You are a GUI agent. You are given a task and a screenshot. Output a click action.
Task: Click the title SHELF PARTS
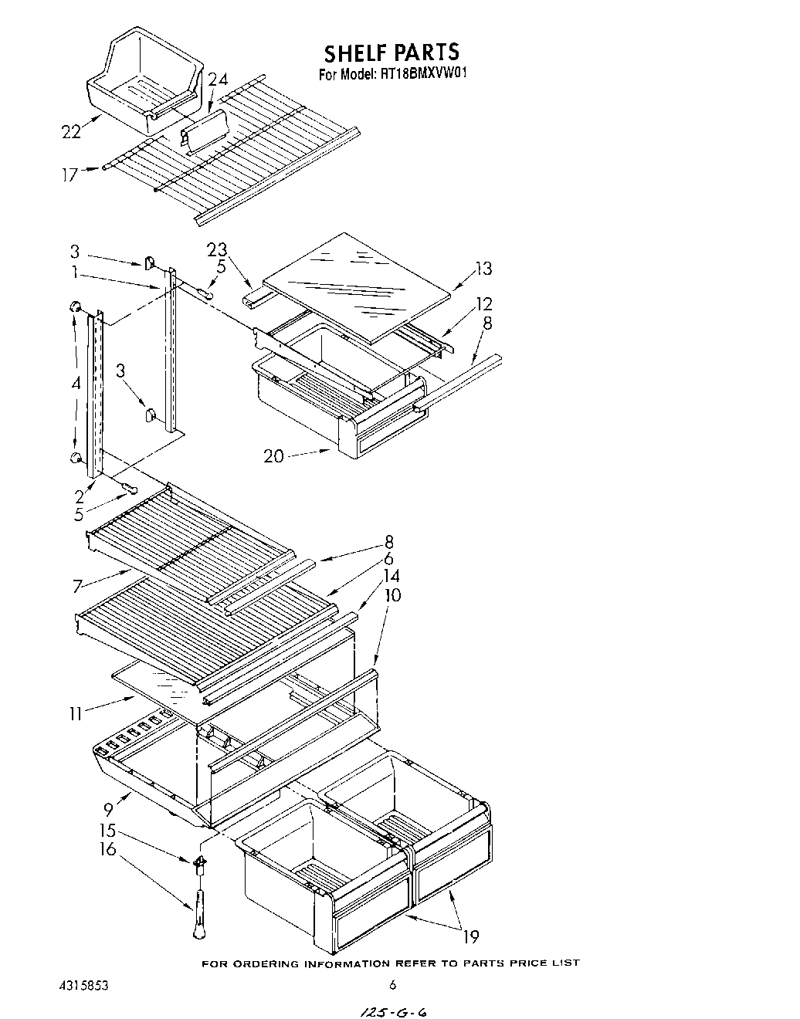pos(392,52)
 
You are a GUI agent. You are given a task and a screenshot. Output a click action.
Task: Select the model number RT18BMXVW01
pos(424,75)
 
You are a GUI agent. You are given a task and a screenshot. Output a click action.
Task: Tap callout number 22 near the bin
pos(71,132)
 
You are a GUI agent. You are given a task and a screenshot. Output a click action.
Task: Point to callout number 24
pos(219,80)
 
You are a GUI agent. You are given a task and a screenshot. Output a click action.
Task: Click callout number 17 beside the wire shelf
pos(69,175)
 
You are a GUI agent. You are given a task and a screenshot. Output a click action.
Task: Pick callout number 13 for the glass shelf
pos(483,269)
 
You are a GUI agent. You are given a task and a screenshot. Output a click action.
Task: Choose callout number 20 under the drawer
pos(273,456)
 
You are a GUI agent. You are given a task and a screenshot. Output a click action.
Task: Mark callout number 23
pos(217,249)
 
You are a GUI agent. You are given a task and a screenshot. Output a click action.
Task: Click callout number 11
pos(75,714)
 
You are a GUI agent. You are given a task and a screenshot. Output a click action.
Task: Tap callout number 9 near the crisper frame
pos(108,809)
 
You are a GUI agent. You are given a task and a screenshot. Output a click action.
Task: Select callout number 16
pos(107,850)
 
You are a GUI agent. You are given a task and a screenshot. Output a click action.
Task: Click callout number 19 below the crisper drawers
pos(470,937)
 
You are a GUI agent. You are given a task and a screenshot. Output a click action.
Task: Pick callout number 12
pos(484,303)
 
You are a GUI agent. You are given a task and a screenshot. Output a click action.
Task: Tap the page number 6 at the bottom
pos(392,984)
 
